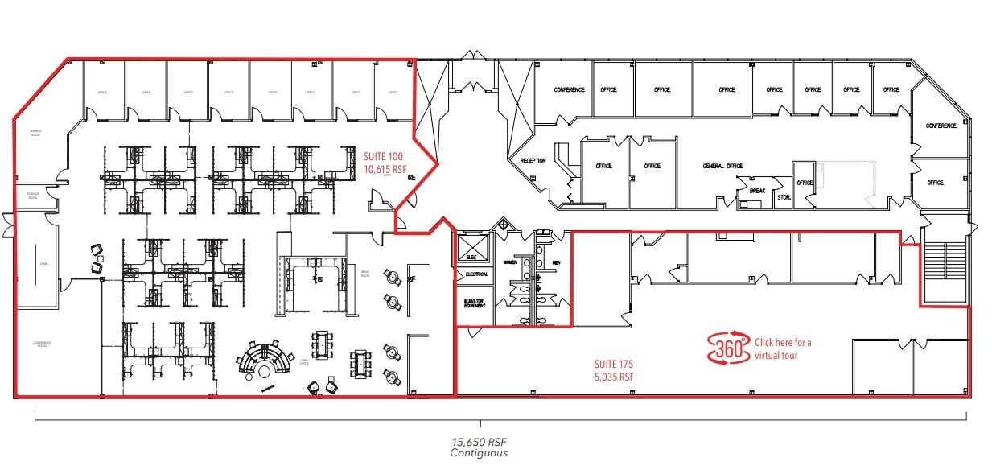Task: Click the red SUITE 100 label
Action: click(x=382, y=157)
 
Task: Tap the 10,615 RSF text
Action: click(x=384, y=170)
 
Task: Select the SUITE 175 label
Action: click(x=613, y=362)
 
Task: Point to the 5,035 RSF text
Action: click(x=613, y=375)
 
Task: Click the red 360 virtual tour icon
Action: click(x=728, y=348)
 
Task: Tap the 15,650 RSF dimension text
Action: click(x=480, y=442)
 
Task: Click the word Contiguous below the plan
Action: click(x=480, y=453)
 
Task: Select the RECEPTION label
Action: click(x=533, y=161)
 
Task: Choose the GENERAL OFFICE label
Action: click(x=722, y=166)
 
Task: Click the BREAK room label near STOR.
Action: click(x=756, y=191)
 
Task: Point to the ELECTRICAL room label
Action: click(x=476, y=274)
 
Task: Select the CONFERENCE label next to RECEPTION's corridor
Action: click(x=569, y=89)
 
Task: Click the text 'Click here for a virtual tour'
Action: click(x=783, y=348)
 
